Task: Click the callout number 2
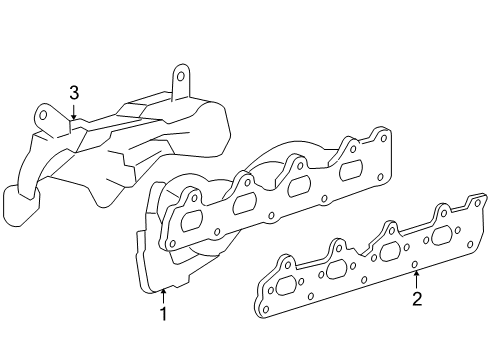(x=417, y=299)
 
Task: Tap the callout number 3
(x=73, y=93)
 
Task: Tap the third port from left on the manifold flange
(x=299, y=187)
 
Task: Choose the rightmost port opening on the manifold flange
(x=350, y=171)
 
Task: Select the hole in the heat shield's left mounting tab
(x=44, y=115)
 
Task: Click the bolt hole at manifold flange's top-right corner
(x=378, y=136)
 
